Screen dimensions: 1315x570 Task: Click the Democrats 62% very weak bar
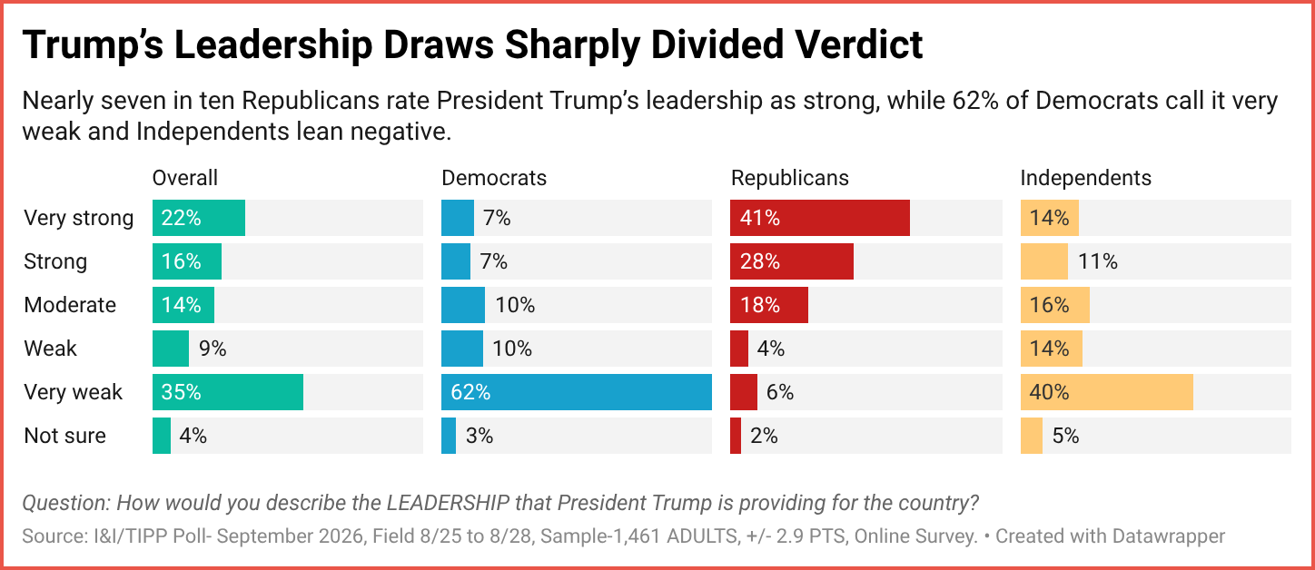[x=577, y=391]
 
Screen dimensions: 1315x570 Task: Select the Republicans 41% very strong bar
[x=820, y=218]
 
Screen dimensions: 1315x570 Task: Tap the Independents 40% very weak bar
[x=1107, y=391]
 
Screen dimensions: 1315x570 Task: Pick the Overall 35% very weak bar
[x=228, y=391]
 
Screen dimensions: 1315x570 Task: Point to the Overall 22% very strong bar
[x=199, y=218]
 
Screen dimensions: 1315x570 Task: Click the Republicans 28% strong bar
[x=792, y=261]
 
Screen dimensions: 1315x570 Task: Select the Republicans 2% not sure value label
[x=764, y=436]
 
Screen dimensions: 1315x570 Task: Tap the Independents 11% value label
[x=1098, y=261]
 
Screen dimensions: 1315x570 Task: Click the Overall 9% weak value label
[x=213, y=349]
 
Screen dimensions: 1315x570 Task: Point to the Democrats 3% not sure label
[x=479, y=436]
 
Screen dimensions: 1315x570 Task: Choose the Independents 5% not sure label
[x=1065, y=436]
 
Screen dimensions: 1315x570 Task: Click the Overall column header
[x=185, y=178]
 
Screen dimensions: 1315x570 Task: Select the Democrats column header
[x=494, y=178]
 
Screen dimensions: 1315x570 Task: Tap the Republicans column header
[x=789, y=178]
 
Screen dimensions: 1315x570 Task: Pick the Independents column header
[x=1085, y=178]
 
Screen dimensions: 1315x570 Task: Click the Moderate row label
[x=70, y=305]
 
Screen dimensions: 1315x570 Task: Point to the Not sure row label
[x=64, y=436]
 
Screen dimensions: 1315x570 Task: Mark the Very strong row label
[x=79, y=218]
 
